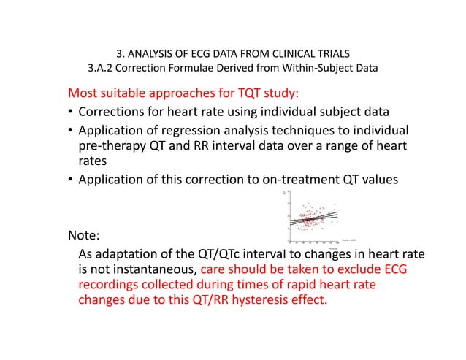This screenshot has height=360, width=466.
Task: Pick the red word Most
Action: pyautogui.click(x=84, y=94)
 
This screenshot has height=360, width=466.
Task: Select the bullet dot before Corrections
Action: pyautogui.click(x=71, y=114)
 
